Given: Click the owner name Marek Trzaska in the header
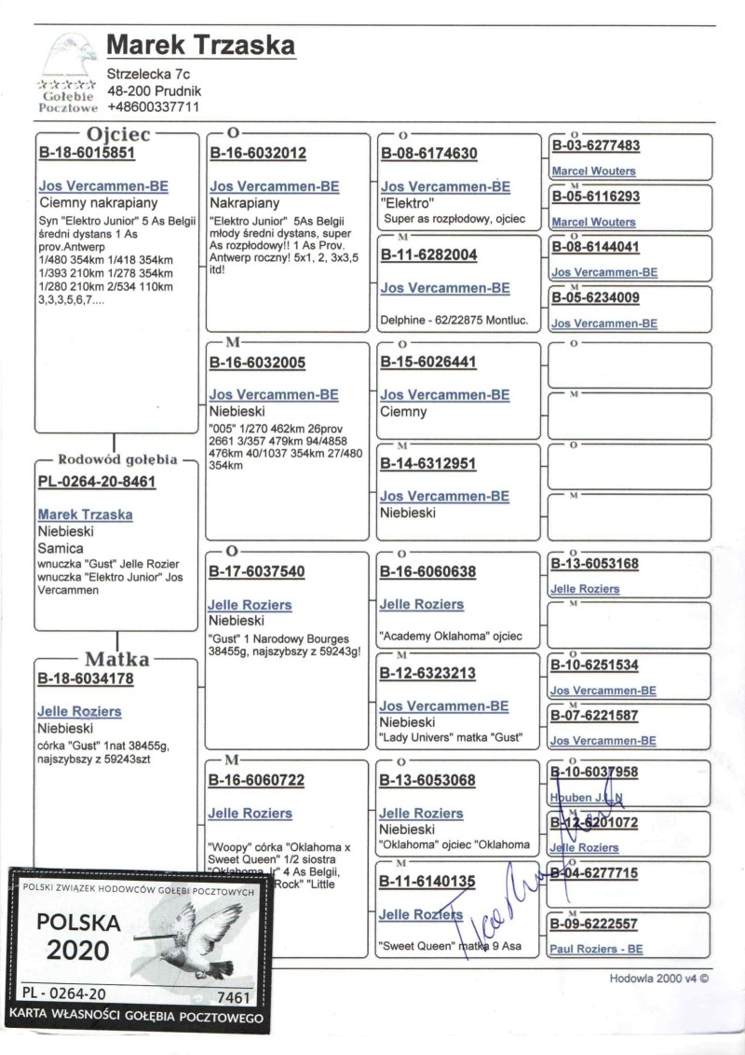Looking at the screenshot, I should (201, 45).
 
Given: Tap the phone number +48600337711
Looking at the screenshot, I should (154, 107).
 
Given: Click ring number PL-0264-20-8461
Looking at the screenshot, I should (96, 482).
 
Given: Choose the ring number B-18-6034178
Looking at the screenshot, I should (86, 679).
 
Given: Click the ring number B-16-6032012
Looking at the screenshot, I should (257, 153).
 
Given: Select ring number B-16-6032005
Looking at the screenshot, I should (257, 363).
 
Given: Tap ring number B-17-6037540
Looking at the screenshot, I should (257, 571).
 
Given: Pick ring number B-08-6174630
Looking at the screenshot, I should (428, 153).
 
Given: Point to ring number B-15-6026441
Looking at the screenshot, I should (428, 363).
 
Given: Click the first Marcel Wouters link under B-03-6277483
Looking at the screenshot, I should (593, 171).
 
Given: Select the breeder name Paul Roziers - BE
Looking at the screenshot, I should (597, 950).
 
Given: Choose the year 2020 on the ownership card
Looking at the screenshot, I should (79, 951).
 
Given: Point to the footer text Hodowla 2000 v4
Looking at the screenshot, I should (659, 980).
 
